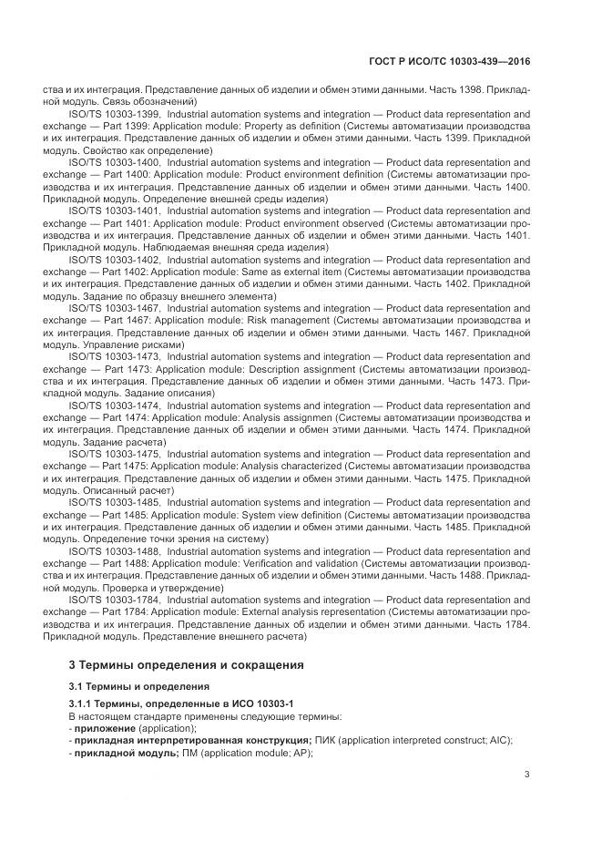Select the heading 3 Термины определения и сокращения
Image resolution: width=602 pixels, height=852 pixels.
(x=187, y=665)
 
